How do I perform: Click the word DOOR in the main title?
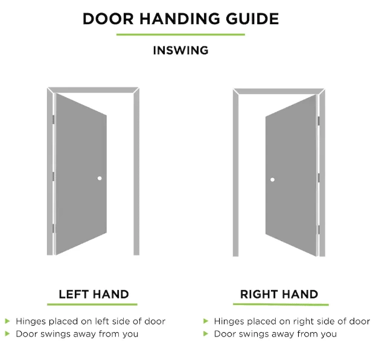(x=108, y=19)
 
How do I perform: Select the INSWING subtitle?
(x=181, y=50)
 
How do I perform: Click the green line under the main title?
(x=180, y=34)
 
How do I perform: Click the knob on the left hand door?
(x=100, y=178)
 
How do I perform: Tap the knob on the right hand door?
(x=272, y=179)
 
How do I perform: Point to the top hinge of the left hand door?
(x=54, y=120)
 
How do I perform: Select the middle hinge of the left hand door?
(x=54, y=176)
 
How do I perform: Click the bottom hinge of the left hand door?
(x=54, y=228)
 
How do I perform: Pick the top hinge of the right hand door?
(x=319, y=121)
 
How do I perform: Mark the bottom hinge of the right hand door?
(x=319, y=230)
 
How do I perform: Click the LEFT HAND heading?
(x=94, y=294)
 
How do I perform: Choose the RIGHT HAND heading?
(x=279, y=294)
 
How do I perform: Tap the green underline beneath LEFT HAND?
(x=92, y=304)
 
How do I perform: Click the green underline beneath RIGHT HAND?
(x=281, y=304)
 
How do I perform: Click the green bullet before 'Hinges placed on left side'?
(x=7, y=321)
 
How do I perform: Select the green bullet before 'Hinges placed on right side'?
(x=206, y=321)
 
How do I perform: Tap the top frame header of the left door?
(x=94, y=90)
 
